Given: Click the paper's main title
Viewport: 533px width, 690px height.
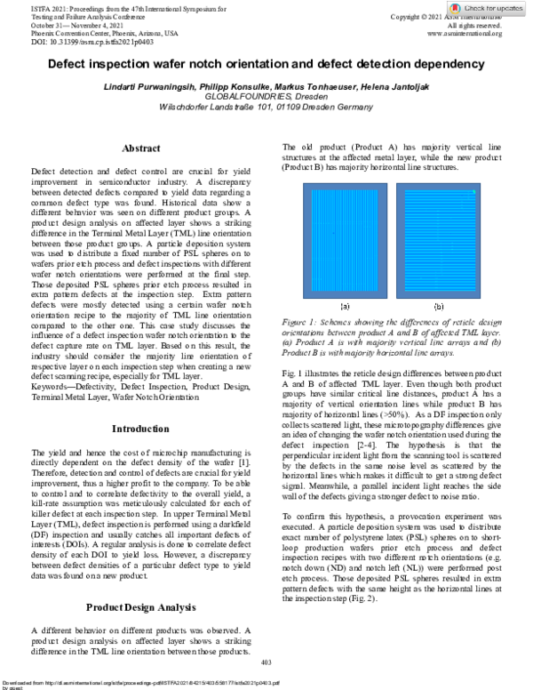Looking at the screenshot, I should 266,65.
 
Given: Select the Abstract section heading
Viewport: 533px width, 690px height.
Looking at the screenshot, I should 140,148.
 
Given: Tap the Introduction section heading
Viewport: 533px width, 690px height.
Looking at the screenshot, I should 140,429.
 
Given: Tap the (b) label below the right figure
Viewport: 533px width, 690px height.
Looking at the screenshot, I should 438,303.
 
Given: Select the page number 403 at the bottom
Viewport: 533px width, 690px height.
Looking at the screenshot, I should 266,663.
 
